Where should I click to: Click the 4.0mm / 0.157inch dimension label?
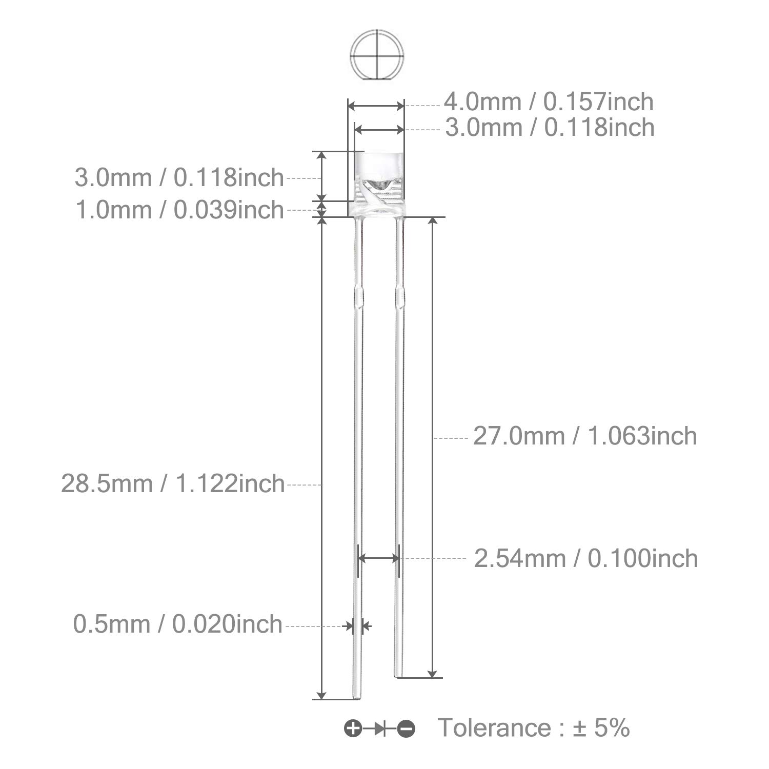pos(549,102)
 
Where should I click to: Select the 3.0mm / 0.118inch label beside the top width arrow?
pos(550,127)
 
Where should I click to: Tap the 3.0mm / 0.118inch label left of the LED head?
pos(179,177)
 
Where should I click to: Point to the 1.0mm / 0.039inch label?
pos(179,210)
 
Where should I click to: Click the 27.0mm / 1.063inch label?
pos(585,436)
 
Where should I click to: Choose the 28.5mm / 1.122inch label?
pos(173,483)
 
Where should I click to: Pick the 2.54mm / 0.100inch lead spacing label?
pos(586,558)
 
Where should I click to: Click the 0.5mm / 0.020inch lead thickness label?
pos(178,624)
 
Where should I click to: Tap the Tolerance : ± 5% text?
pos(534,727)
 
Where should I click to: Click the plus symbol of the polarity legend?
pos(353,728)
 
